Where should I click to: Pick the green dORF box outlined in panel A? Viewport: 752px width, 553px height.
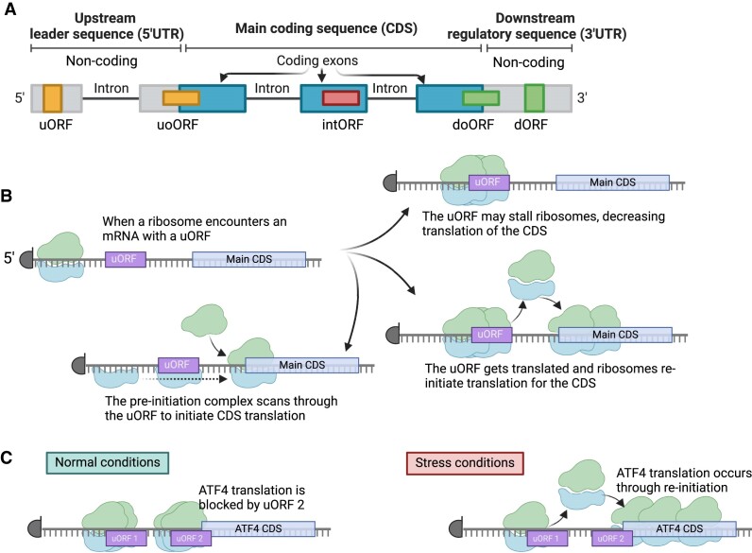click(535, 98)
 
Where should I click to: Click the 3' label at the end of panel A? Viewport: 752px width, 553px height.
click(582, 98)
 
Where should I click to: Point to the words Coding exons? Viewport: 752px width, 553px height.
click(319, 60)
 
